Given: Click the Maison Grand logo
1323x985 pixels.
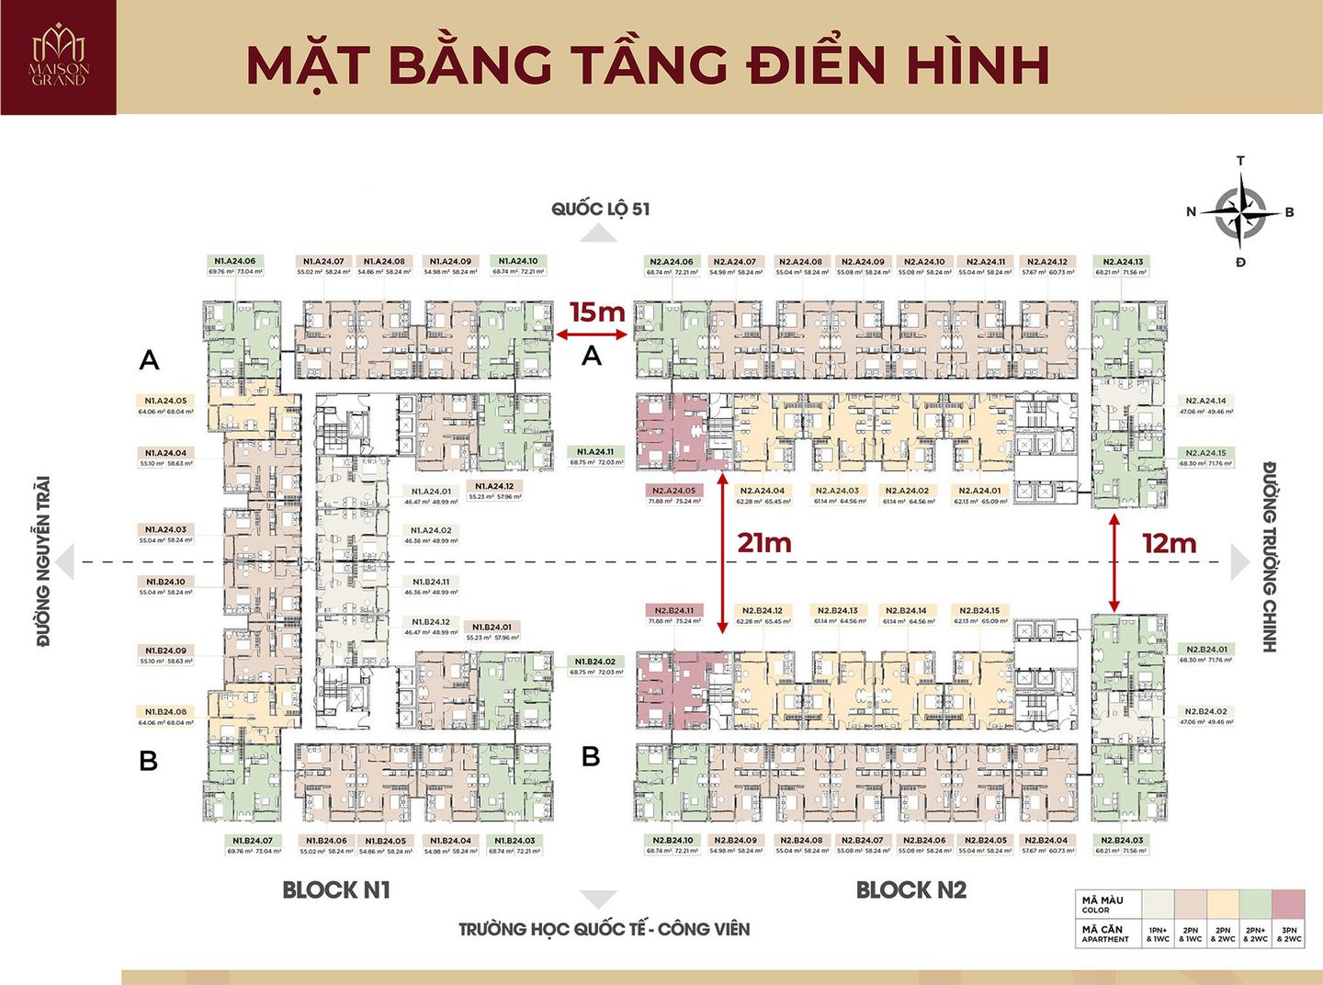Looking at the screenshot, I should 59,57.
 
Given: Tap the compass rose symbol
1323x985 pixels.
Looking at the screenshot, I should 1240,212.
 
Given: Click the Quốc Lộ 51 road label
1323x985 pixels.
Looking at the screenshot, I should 600,209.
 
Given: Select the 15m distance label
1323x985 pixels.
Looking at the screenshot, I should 597,312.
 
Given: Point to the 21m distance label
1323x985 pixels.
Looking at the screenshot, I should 763,543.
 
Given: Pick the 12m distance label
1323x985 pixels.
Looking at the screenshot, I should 1169,544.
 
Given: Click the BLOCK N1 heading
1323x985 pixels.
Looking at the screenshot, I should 336,889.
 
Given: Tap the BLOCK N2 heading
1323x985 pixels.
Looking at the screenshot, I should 910,889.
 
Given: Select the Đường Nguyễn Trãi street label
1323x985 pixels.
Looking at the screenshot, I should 43,560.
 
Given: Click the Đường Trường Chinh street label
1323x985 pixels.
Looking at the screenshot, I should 1270,557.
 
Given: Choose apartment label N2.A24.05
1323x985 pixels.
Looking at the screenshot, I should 673,491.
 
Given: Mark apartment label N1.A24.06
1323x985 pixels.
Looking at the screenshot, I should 235,261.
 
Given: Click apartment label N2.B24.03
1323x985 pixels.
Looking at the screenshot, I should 1122,840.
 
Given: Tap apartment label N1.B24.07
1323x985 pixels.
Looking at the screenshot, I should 252,840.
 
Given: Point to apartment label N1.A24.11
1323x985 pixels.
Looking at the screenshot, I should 595,451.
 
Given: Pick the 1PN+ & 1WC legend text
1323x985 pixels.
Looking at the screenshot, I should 1158,934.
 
